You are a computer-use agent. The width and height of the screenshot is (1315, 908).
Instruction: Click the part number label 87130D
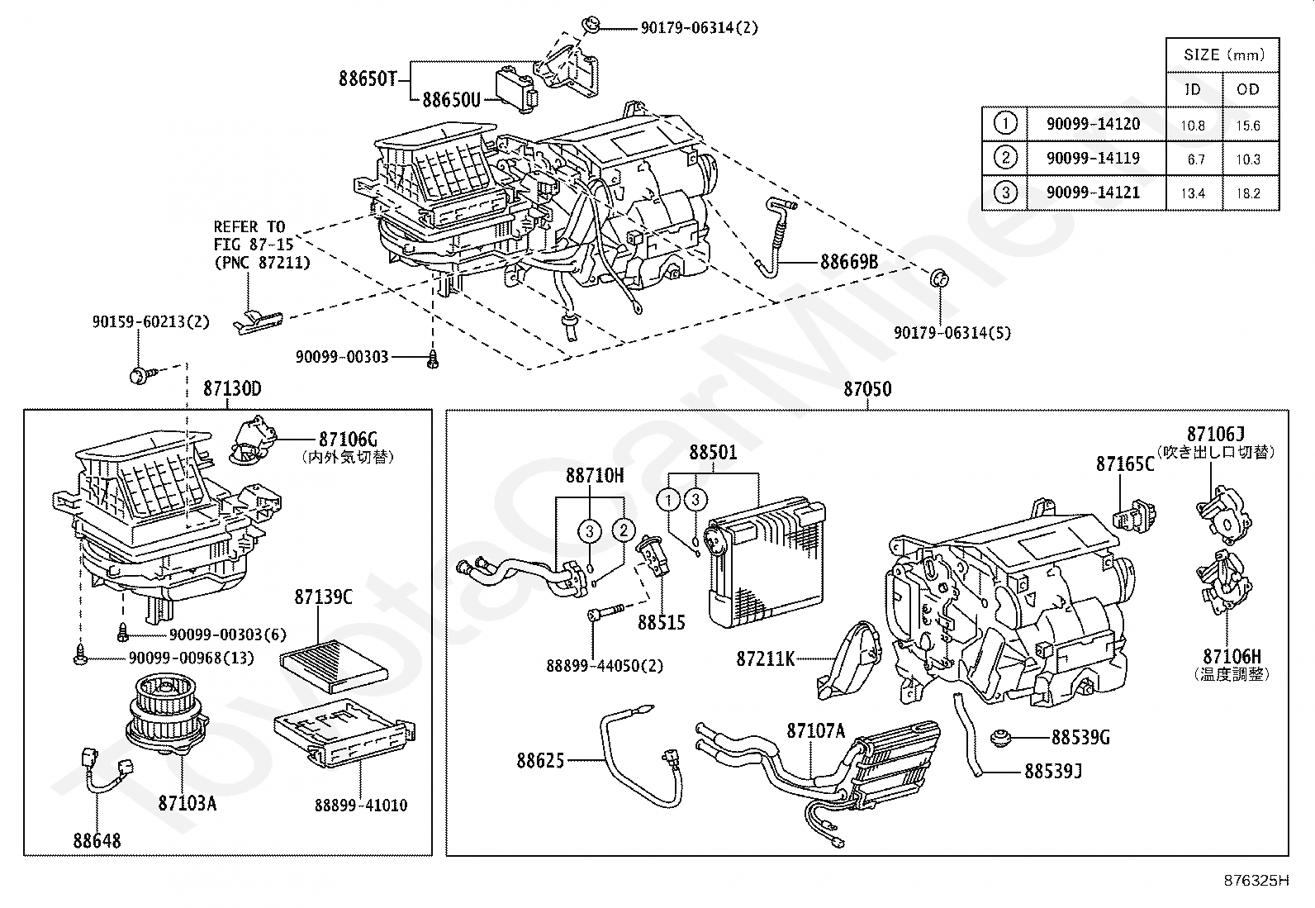click(x=232, y=388)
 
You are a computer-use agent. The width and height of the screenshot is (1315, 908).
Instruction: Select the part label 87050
click(x=867, y=388)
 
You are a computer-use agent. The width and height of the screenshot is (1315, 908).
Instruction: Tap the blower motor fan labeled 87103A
click(x=165, y=715)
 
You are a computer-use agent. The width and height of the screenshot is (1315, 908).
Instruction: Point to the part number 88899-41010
click(x=360, y=805)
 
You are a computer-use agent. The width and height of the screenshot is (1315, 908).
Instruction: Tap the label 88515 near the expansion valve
click(x=661, y=623)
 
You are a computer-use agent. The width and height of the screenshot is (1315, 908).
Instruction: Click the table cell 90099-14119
click(x=1093, y=158)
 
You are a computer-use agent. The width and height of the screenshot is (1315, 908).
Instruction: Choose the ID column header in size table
click(x=1193, y=89)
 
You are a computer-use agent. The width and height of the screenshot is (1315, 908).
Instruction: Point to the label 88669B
click(x=848, y=263)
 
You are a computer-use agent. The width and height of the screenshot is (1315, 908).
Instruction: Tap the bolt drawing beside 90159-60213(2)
click(x=140, y=375)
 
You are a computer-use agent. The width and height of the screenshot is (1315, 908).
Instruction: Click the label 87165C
click(x=1125, y=464)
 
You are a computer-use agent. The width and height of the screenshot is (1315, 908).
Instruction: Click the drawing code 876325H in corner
click(x=1256, y=881)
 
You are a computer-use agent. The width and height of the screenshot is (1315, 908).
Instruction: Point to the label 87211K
click(x=766, y=658)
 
